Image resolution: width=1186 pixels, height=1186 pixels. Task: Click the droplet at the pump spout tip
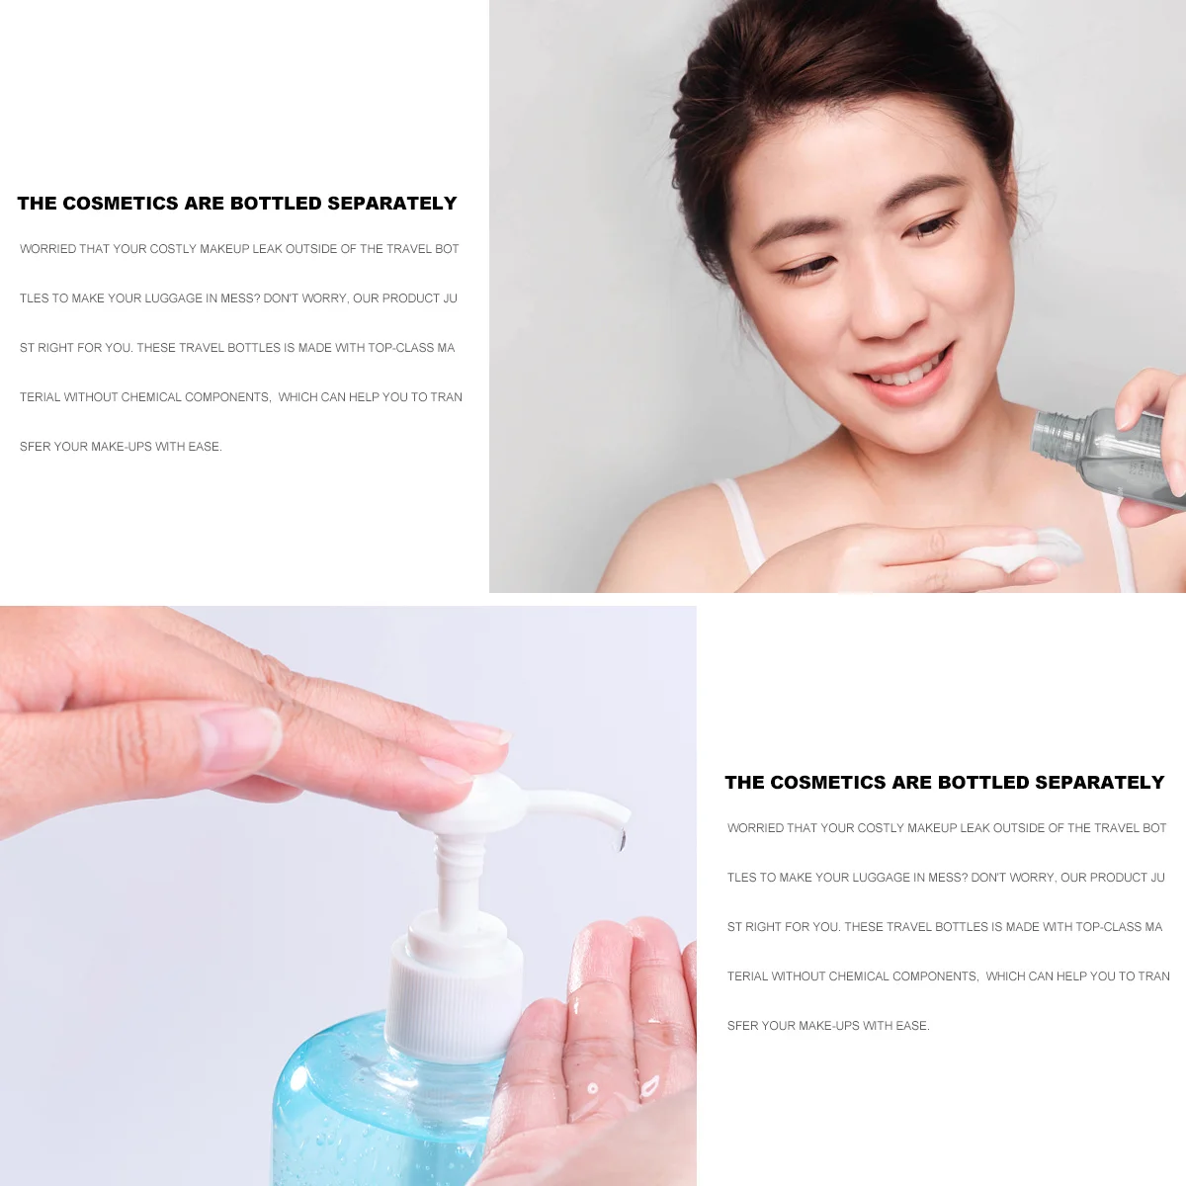(x=621, y=841)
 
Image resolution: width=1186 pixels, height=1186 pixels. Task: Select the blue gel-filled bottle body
(x=376, y=1107)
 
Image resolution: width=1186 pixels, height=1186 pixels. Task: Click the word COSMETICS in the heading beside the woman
(x=120, y=204)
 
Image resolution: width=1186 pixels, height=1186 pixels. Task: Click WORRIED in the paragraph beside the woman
(x=47, y=249)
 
